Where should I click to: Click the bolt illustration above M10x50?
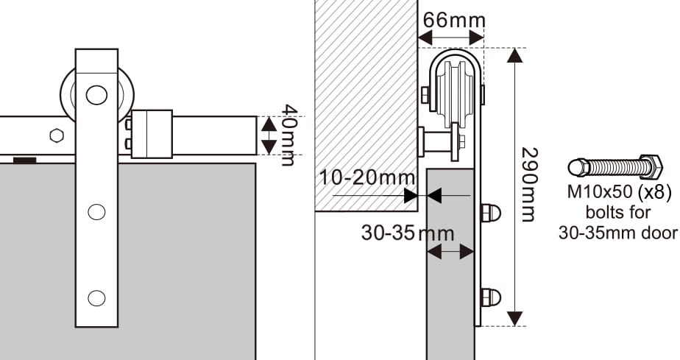(616, 167)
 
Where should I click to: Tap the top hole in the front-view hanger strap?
(96, 94)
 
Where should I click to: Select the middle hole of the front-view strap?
(96, 212)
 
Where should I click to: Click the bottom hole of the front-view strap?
(96, 297)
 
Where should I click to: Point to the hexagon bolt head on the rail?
(55, 136)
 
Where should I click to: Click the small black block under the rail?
(25, 159)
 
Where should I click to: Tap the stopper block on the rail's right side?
(151, 134)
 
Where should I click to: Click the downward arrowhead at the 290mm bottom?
(516, 317)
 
